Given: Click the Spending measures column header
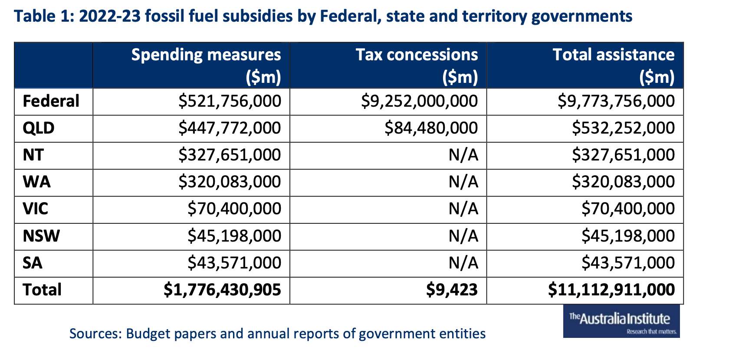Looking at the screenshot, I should point(206,65).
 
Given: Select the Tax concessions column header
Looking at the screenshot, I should point(417,65).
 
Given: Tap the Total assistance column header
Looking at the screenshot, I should point(614,65).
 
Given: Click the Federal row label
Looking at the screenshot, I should point(51,101).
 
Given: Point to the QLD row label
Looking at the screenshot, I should point(39,128).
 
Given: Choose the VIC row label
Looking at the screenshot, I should point(36,209).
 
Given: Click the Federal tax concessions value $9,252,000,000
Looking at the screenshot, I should point(419,101).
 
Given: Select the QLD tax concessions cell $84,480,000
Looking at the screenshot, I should point(431,128).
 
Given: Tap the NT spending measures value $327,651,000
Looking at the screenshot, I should point(230,155).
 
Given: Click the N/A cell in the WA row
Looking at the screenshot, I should point(463,182).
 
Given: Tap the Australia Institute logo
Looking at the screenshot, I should point(621,321).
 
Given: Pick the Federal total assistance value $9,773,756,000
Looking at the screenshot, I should point(616,101).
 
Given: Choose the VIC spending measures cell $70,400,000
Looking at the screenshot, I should point(234,209).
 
